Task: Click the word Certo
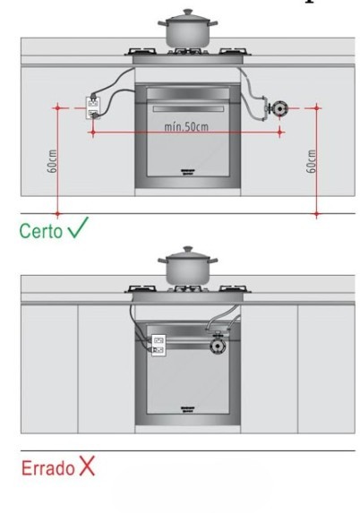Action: (40, 231)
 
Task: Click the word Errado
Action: (48, 468)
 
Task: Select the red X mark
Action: (87, 466)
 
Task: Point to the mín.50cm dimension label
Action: (186, 126)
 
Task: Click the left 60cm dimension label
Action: (52, 161)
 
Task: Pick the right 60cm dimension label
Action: (312, 161)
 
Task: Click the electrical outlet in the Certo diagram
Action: (92, 108)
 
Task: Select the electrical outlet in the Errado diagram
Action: (159, 346)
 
